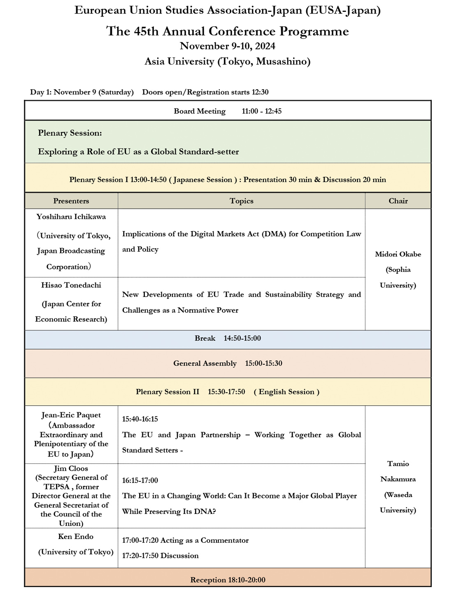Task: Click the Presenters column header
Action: click(x=71, y=201)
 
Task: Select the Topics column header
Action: click(x=242, y=201)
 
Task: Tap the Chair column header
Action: click(x=398, y=201)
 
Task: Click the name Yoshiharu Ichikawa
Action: click(x=71, y=217)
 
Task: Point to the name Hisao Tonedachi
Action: click(x=71, y=285)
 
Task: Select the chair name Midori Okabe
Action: click(x=398, y=254)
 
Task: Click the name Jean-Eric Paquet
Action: click(x=71, y=415)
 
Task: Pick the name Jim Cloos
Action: click(x=71, y=469)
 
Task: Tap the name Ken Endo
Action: click(x=76, y=536)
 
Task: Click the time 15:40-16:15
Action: click(x=140, y=419)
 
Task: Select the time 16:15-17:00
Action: click(x=140, y=481)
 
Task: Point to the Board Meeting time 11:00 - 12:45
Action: click(x=262, y=111)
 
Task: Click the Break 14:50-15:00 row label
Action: click(x=228, y=338)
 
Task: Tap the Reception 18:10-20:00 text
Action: click(x=228, y=580)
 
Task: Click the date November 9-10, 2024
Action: click(x=228, y=46)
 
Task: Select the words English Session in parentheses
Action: click(x=286, y=392)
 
